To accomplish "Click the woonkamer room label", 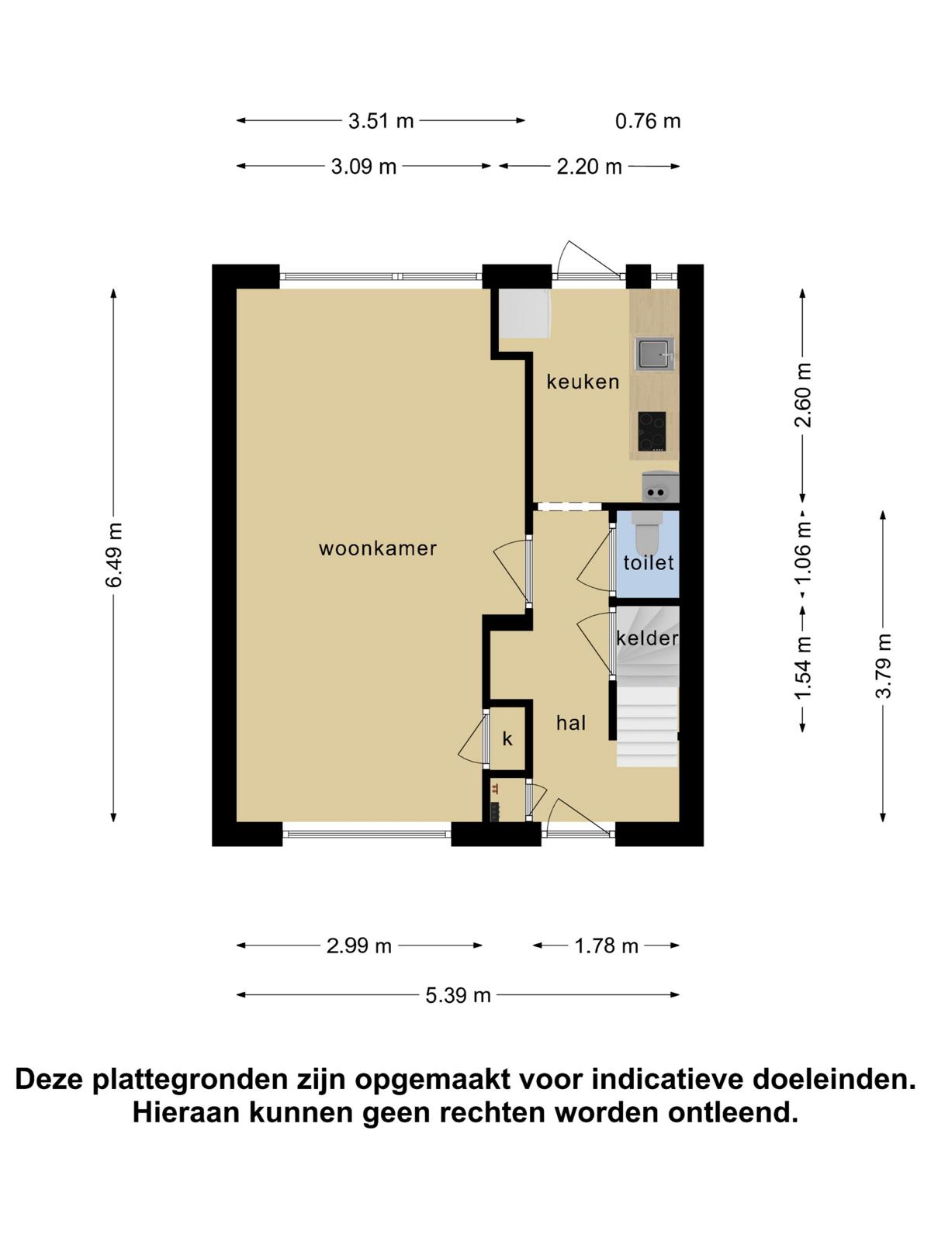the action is [378, 548].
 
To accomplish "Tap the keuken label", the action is [583, 382].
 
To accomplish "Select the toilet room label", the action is [649, 562].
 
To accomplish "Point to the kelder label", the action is [647, 638].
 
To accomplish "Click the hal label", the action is [571, 723].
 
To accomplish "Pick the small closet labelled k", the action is [507, 738].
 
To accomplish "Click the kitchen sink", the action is [654, 354].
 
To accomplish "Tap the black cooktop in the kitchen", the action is [652, 431].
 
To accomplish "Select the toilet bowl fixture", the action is [647, 532].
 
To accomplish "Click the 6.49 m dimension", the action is [113, 555].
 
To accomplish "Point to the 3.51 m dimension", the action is [381, 121].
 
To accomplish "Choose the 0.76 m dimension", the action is [648, 121].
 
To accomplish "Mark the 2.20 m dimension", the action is [589, 167].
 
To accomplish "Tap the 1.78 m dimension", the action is [606, 945].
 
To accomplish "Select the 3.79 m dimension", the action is [883, 666].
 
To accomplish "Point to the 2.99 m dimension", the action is [359, 945].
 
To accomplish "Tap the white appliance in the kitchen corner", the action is [524, 314].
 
